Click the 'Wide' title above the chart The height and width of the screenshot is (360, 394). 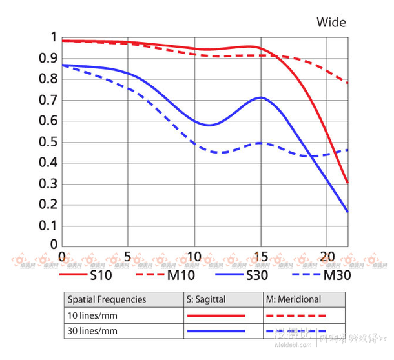click(331, 23)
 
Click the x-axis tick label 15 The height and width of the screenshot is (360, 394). click(260, 255)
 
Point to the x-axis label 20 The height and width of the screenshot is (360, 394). click(327, 255)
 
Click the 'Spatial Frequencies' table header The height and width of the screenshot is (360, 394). click(107, 299)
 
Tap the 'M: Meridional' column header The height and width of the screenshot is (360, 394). click(293, 299)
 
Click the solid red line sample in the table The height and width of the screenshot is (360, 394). click(216, 315)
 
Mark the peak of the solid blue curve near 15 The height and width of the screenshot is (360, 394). click(260, 97)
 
